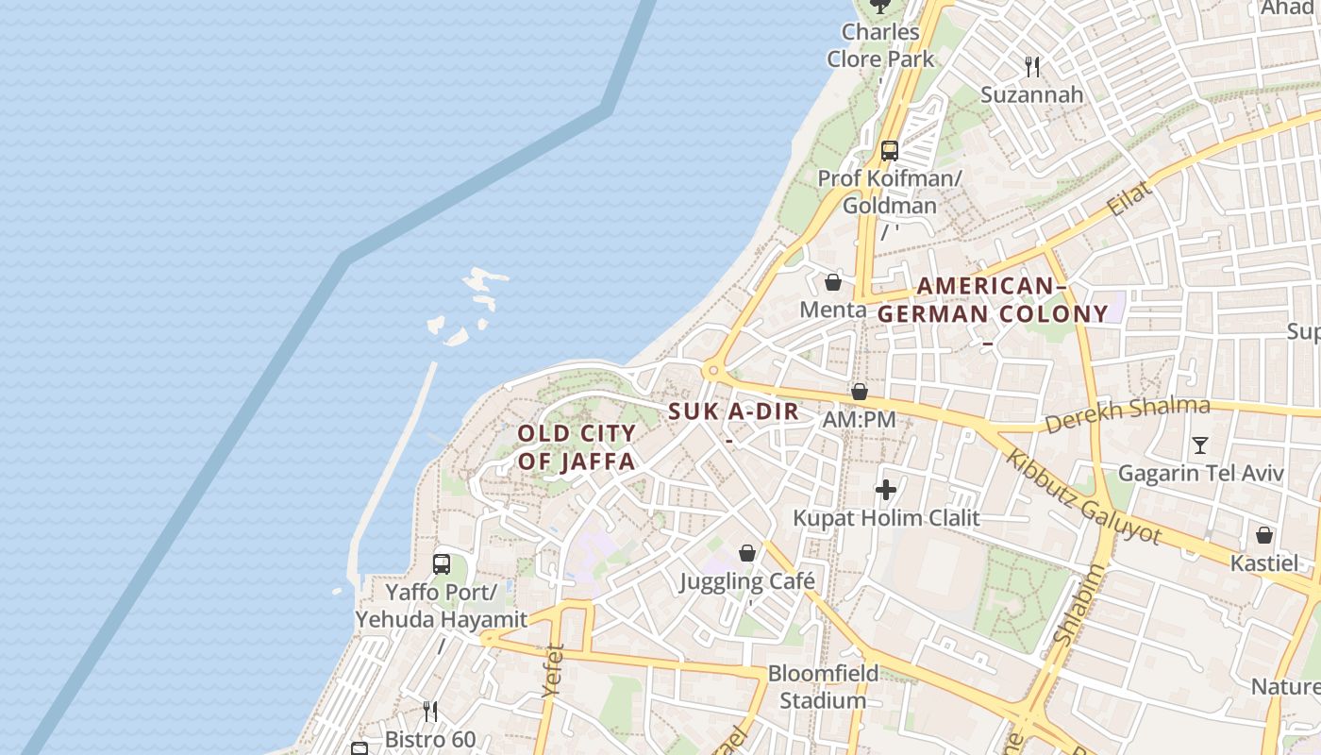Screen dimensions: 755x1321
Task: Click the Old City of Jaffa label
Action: [x=577, y=447]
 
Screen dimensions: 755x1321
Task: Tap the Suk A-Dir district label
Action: [x=734, y=411]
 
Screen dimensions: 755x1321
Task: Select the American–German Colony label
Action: [x=993, y=300]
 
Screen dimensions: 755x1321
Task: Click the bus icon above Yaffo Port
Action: [x=441, y=564]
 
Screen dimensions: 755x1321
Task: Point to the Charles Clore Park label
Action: [x=880, y=44]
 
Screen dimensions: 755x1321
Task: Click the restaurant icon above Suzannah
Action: [x=1032, y=66]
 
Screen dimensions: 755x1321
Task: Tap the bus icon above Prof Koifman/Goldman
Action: [x=889, y=150]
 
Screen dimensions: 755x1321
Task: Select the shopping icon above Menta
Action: [x=833, y=281]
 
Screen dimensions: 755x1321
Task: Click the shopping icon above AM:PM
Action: [x=859, y=391]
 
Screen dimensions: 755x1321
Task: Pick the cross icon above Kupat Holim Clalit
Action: [x=885, y=490]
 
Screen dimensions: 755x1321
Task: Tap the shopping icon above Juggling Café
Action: [x=747, y=552]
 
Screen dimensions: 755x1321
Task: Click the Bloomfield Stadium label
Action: [x=823, y=687]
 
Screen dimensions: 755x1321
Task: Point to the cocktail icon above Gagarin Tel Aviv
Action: [x=1200, y=445]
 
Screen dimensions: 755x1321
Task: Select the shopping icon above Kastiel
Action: [x=1264, y=535]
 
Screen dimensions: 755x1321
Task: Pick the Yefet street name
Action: [x=553, y=671]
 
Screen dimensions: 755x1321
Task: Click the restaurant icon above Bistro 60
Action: [x=430, y=711]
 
